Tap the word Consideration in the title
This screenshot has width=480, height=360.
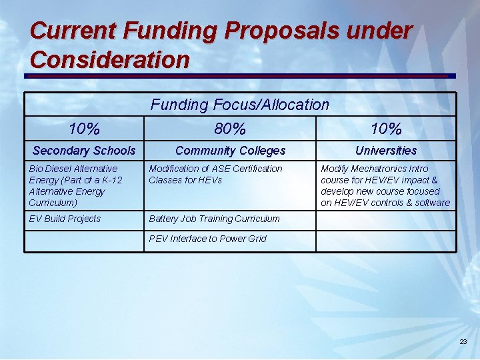pos(110,60)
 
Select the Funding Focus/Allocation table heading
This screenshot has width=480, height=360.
pos(240,105)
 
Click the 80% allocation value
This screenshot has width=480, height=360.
pos(231,128)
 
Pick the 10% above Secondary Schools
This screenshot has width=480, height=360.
pos(84,128)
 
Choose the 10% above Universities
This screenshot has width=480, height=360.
pos(385,128)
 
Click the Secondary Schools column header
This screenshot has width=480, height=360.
pos(84,151)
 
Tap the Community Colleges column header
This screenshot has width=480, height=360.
pos(230,151)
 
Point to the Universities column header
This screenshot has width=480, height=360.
pos(385,151)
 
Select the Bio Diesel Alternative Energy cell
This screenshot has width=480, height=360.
pos(76,185)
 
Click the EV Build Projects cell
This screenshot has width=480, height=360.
pos(65,219)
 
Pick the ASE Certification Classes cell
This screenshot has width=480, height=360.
pos(215,174)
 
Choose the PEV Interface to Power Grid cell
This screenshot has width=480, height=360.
pos(207,239)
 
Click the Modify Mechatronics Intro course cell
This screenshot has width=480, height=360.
pos(385,185)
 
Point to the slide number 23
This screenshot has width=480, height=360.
pos(463,342)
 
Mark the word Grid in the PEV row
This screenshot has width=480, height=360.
pos(256,239)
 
